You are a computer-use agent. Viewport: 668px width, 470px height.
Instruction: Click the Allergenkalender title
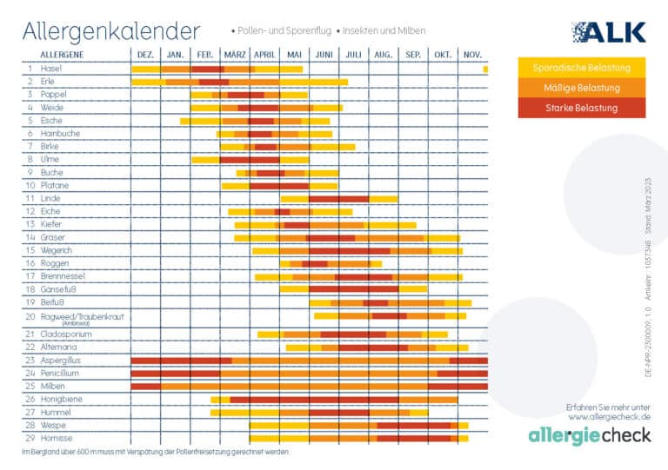pyautogui.click(x=110, y=31)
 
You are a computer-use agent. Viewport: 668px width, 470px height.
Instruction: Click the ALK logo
pyautogui.click(x=608, y=32)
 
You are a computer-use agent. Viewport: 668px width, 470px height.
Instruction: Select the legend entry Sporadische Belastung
pyautogui.click(x=581, y=68)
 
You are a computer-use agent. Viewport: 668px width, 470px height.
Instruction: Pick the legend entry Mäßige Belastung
pyautogui.click(x=581, y=88)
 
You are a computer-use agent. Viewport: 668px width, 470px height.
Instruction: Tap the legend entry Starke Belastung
pyautogui.click(x=581, y=108)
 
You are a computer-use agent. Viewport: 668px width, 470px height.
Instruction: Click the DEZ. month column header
pyautogui.click(x=145, y=55)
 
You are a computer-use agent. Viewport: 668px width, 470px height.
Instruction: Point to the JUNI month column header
pyautogui.click(x=324, y=55)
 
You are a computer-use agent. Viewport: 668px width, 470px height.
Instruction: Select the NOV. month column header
pyautogui.click(x=472, y=55)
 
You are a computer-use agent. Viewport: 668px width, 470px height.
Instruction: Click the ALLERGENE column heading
pyautogui.click(x=63, y=55)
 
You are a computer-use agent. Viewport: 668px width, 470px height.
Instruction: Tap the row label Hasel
pyautogui.click(x=51, y=68)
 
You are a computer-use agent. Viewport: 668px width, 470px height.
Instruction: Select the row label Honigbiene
pyautogui.click(x=60, y=399)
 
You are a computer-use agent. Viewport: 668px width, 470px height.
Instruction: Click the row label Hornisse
pyautogui.click(x=57, y=438)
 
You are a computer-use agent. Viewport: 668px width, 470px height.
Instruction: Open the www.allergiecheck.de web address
pyautogui.click(x=609, y=417)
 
